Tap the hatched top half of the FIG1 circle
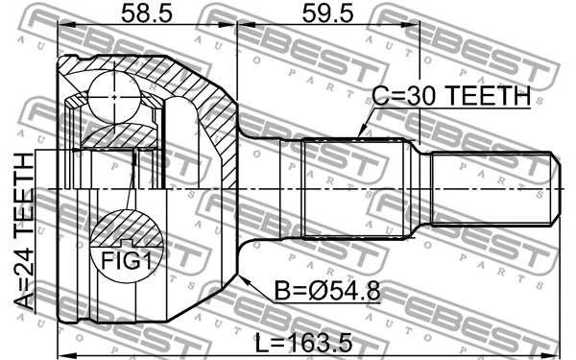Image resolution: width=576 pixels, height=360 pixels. pos(127,228)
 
